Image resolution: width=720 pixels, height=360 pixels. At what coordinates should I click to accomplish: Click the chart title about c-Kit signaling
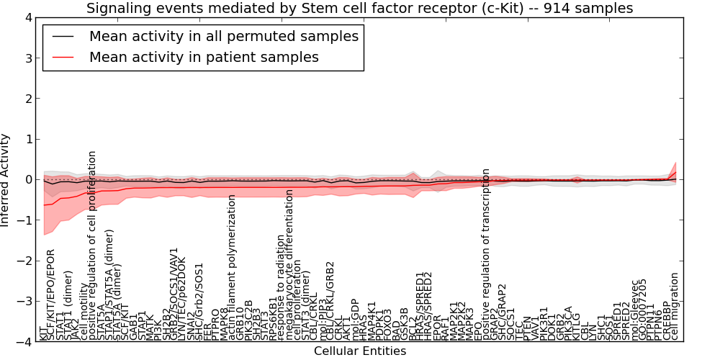coord(359,9)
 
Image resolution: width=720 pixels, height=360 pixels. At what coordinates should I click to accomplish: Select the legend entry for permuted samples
coord(223,36)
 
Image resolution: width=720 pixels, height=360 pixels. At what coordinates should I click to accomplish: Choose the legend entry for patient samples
coord(204,57)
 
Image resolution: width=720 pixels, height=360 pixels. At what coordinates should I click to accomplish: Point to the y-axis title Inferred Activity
coord(6,179)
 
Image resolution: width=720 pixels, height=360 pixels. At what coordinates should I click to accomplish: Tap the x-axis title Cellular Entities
coord(359,351)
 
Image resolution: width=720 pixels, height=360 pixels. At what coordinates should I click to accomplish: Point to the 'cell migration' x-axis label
coord(675,306)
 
